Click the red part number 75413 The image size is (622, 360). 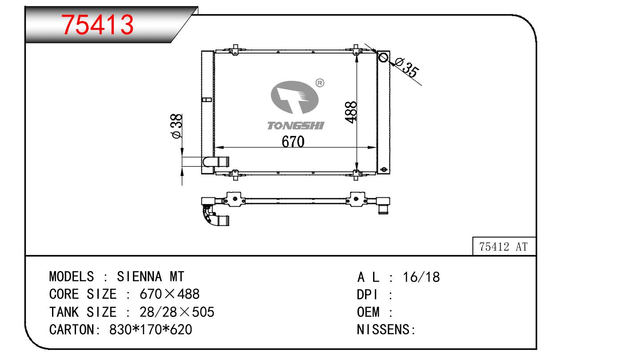97,25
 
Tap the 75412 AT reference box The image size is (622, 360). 504,246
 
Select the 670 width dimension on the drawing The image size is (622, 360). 293,142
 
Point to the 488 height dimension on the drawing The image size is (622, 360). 351,112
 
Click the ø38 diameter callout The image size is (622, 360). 177,126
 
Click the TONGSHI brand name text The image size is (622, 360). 296,126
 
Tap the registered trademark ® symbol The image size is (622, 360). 320,83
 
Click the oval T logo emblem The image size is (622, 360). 294,97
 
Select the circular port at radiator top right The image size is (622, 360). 383,58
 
